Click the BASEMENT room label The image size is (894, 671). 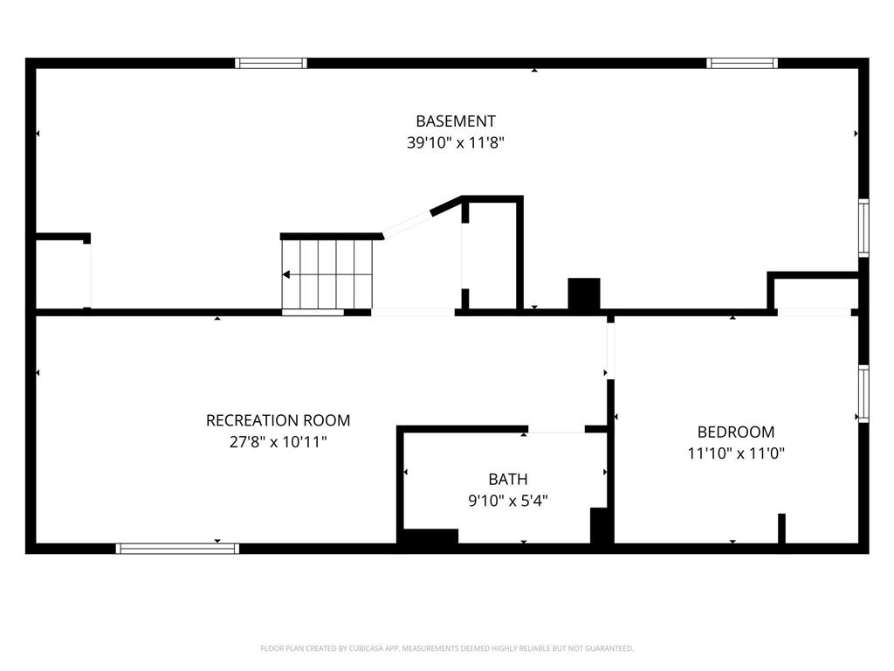(x=455, y=121)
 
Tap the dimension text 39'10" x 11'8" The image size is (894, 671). (x=455, y=142)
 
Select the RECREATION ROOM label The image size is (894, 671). (x=278, y=420)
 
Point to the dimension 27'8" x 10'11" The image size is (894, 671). (x=278, y=441)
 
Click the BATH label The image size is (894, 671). (x=508, y=480)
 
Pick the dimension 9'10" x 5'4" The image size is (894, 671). (x=508, y=501)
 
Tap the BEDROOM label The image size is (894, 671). (x=736, y=432)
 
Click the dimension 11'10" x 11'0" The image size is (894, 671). (x=736, y=453)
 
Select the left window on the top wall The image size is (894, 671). (x=271, y=63)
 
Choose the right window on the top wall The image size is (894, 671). (x=742, y=63)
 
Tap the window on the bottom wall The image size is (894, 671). (x=177, y=549)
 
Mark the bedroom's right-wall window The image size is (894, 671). (x=863, y=394)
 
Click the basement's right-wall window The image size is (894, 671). (x=863, y=228)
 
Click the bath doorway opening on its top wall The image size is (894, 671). (x=556, y=430)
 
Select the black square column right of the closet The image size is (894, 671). (x=584, y=294)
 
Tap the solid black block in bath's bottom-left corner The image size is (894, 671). (x=431, y=536)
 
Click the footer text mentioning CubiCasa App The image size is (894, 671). (x=447, y=648)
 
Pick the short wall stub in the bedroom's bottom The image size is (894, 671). (x=781, y=529)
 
